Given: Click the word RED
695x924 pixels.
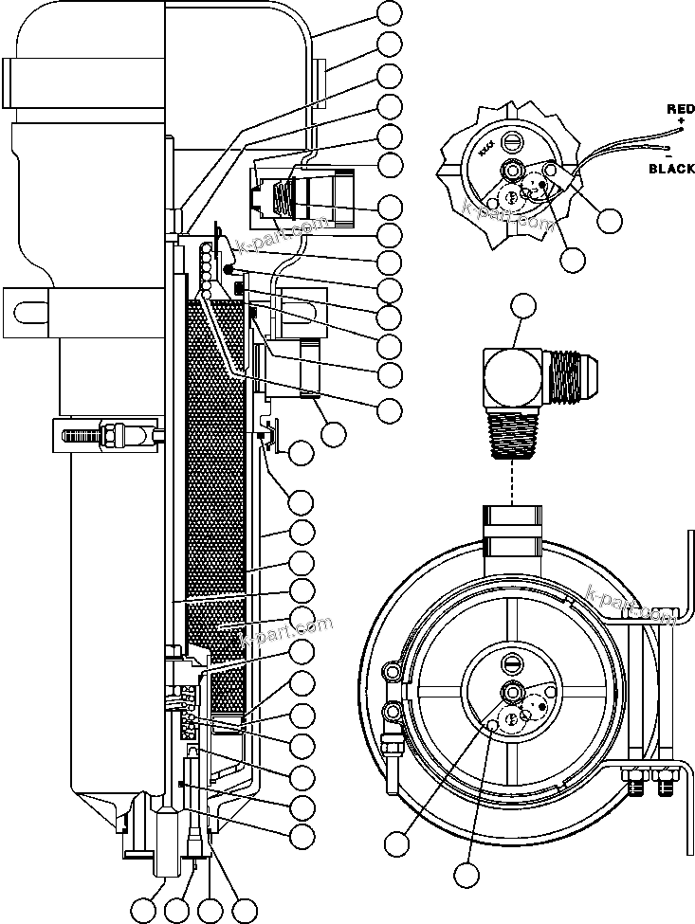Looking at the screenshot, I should tap(680, 110).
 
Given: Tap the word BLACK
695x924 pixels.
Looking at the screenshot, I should tap(671, 169).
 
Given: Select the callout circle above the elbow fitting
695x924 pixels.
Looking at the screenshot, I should tap(524, 307).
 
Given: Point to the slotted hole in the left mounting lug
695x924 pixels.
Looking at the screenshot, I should tap(30, 310).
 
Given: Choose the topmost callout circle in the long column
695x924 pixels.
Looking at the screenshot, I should tap(390, 13).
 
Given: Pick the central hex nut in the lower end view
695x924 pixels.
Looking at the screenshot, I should tap(512, 690).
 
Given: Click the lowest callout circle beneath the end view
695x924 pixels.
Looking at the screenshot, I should tap(466, 875).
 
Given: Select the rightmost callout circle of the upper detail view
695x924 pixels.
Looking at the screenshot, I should tap(611, 220).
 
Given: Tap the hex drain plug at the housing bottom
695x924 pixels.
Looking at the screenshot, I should tap(165, 848).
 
